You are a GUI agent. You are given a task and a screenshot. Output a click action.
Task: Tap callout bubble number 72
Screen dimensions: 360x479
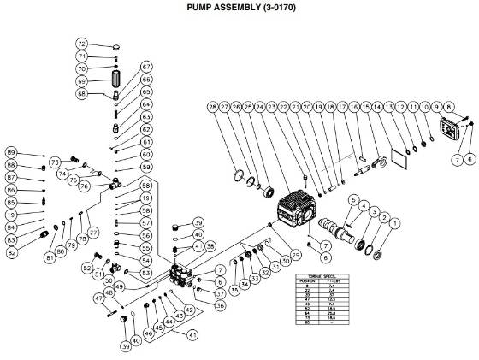click(x=82, y=43)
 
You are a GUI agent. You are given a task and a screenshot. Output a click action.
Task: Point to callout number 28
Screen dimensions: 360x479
click(x=212, y=107)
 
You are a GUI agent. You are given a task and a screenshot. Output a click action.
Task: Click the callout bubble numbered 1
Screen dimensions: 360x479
click(x=394, y=225)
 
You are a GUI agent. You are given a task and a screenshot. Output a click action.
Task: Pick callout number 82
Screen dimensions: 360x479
click(x=12, y=252)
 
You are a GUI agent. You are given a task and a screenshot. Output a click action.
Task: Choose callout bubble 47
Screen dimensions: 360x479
click(x=98, y=297)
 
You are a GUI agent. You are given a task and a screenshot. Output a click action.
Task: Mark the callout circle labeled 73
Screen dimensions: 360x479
click(x=54, y=162)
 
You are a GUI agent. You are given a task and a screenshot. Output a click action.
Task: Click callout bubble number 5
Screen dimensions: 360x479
click(x=350, y=199)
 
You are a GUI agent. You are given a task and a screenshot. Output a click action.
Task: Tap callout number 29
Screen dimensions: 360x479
click(x=297, y=255)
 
